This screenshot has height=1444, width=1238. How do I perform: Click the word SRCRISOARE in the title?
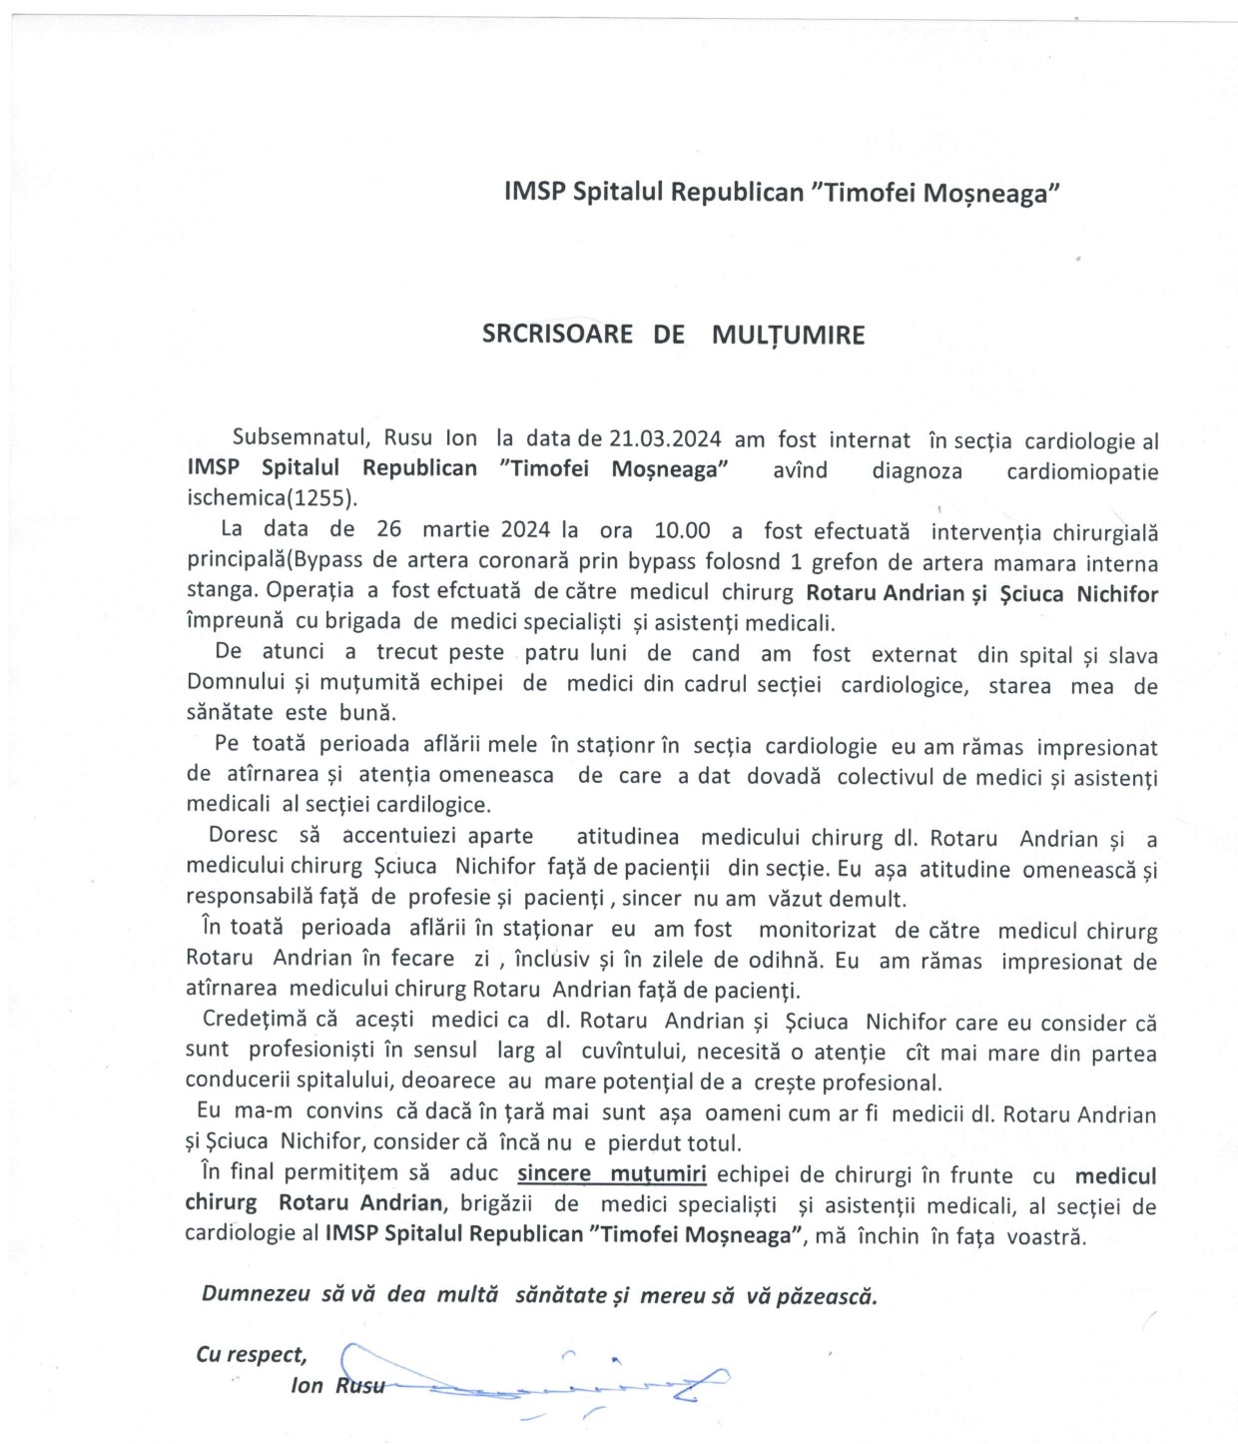click(557, 335)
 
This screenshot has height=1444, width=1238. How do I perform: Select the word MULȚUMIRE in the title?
click(788, 335)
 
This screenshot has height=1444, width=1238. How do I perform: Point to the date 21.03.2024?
click(666, 439)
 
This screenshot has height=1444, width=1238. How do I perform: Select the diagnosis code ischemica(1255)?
click(272, 497)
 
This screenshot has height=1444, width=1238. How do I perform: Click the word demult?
click(868, 899)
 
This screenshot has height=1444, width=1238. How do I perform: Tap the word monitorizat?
click(817, 931)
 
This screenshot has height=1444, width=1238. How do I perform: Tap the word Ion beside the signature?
click(307, 1386)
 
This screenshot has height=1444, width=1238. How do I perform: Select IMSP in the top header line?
click(535, 192)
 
